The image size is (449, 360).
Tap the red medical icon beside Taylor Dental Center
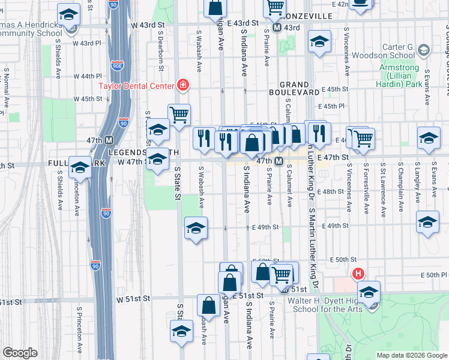(181, 86)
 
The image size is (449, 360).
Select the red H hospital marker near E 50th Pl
(358, 274)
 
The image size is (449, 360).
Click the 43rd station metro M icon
(277, 28)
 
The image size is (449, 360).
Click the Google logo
(19, 353)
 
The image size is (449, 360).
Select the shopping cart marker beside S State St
(179, 113)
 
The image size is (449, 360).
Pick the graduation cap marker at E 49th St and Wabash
(195, 228)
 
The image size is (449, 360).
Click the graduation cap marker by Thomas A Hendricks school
(69, 14)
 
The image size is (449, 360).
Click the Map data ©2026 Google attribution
(411, 355)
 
